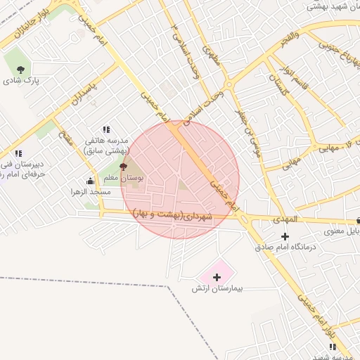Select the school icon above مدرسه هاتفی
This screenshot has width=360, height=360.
tap(106, 129)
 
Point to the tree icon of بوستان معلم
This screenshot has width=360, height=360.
tap(124, 167)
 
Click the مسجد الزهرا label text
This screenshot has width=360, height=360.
tap(90, 192)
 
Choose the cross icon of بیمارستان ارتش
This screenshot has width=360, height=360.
tap(217, 277)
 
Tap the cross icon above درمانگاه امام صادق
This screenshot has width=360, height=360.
tap(284, 236)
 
